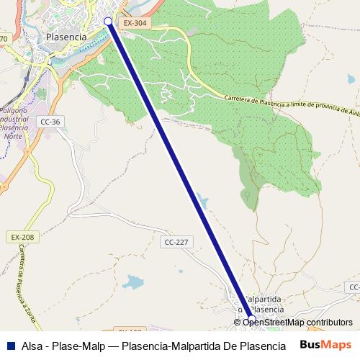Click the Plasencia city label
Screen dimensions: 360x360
66,36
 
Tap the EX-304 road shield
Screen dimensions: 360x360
133,23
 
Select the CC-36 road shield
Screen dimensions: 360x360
50,122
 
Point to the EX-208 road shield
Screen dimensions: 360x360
22,237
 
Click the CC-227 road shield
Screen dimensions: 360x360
176,242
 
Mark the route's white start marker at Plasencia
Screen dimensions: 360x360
109,22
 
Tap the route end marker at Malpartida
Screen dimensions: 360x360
251,319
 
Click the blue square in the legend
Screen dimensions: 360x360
10,344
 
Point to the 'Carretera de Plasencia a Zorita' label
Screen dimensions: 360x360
27,274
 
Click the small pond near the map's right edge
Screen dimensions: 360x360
351,78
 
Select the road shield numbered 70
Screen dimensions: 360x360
4,38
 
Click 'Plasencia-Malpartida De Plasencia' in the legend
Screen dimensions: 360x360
204,344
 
